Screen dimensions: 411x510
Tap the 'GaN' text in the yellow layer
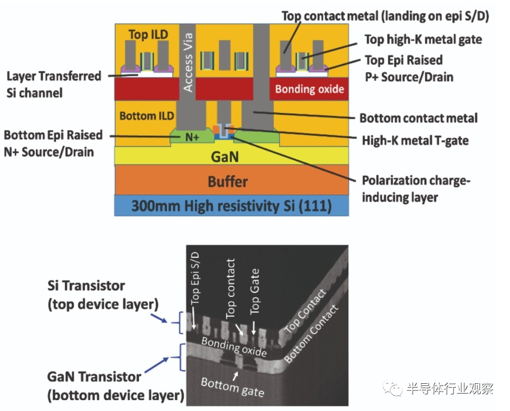point(230,157)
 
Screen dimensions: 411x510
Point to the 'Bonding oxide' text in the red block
point(310,89)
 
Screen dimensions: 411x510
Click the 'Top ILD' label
point(148,35)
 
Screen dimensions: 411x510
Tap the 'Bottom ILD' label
point(147,116)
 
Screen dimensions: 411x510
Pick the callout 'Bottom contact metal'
point(418,118)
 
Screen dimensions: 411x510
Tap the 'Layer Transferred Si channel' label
point(54,84)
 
